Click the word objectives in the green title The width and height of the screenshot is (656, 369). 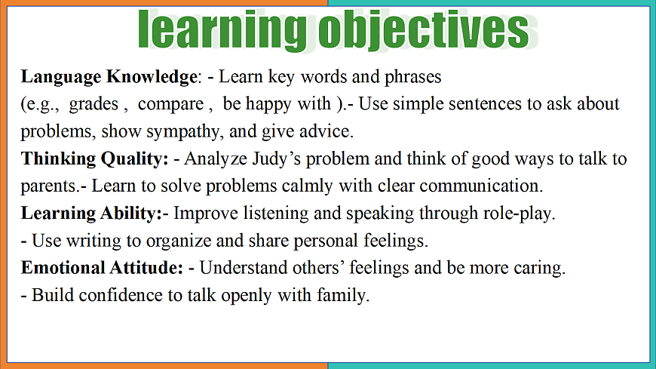[x=424, y=30]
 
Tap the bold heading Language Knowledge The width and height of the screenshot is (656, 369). [x=109, y=77]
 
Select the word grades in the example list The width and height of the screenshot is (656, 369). [x=93, y=105]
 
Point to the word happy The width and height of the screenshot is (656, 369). [x=268, y=105]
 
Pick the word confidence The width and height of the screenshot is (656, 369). [x=121, y=295]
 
